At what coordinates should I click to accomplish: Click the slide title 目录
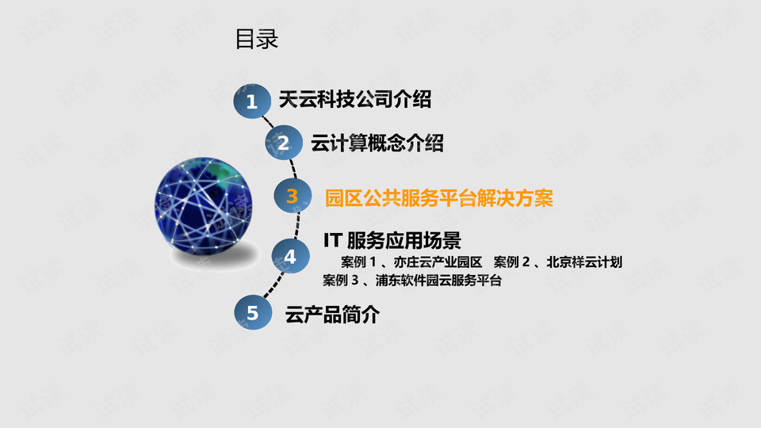point(257,40)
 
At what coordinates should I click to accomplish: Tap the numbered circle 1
point(252,101)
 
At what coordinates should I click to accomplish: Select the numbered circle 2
point(284,143)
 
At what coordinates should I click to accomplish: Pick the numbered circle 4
point(290,257)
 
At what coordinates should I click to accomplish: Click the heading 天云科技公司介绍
point(354,100)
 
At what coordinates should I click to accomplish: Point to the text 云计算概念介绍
point(377,143)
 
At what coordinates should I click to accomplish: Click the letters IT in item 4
point(332,239)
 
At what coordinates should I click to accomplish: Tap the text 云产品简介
point(332,315)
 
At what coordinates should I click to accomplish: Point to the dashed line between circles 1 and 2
point(269,122)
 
